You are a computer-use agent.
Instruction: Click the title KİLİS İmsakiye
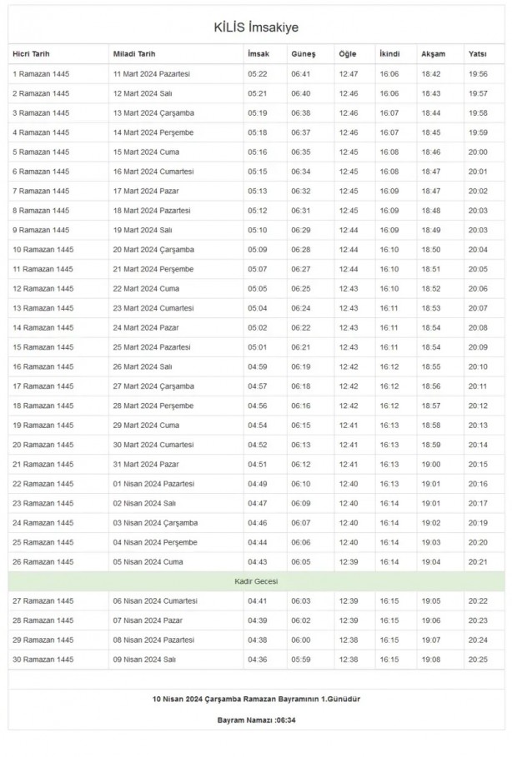tap(255, 28)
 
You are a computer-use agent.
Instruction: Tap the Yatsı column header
tap(477, 54)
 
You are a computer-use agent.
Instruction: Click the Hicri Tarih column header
tap(31, 54)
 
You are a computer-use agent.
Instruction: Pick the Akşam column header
tap(433, 54)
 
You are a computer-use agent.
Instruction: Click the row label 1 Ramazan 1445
tap(40, 74)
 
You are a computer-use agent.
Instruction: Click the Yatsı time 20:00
tap(478, 152)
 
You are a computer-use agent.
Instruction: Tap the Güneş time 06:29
tap(300, 230)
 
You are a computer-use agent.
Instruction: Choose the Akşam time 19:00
tap(431, 464)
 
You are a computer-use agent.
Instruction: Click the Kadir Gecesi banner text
tap(255, 580)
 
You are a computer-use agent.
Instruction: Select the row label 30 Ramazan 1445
tap(43, 660)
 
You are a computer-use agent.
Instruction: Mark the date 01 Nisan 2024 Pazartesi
tap(153, 484)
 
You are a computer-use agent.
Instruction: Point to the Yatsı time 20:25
tap(478, 660)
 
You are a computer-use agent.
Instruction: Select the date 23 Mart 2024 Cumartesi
tap(153, 308)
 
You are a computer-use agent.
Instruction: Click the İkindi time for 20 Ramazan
tap(389, 445)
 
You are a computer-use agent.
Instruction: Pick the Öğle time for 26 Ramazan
tap(348, 561)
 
